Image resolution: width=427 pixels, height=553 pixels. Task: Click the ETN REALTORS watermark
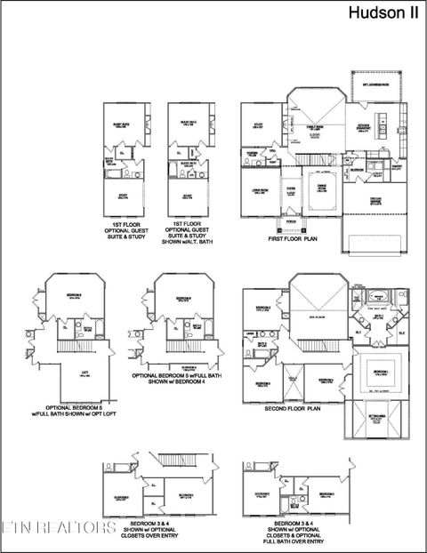pos(59,528)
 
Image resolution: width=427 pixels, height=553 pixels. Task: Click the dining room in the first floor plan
pos(322,187)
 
